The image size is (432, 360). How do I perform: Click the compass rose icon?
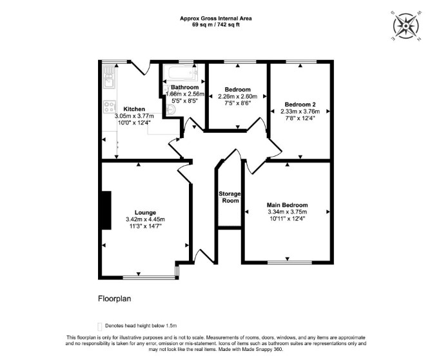click(406, 26)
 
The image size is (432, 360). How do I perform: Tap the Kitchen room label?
click(134, 109)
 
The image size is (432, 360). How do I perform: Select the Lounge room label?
click(145, 212)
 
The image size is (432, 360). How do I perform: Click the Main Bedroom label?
click(288, 205)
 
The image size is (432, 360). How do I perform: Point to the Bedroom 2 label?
click(300, 105)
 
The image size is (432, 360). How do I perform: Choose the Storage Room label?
click(230, 197)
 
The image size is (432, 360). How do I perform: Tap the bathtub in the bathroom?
click(180, 72)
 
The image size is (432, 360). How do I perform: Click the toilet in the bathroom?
click(171, 110)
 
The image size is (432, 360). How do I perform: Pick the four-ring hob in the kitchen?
click(110, 106)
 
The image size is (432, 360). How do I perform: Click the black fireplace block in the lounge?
click(106, 210)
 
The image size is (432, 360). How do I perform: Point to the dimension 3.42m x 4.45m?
click(146, 219)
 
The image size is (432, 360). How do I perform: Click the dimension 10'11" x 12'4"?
click(288, 219)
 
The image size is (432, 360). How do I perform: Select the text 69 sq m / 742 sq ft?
click(216, 25)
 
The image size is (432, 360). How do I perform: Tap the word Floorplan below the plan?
click(115, 299)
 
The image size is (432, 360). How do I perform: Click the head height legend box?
click(100, 326)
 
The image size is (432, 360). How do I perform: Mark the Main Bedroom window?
click(290, 263)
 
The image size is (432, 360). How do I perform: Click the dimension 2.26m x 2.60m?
click(238, 97)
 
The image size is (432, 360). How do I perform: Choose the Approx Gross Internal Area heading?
click(216, 19)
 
